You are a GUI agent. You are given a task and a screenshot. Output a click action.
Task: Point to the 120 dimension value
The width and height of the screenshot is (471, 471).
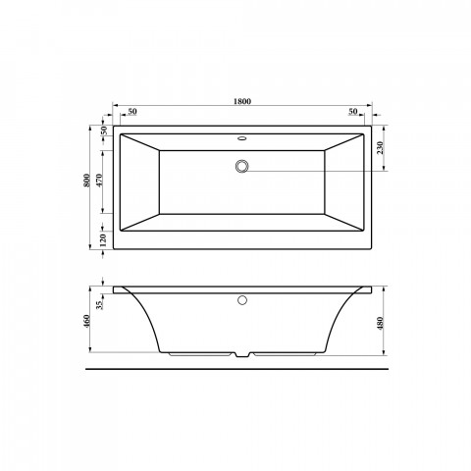[x=103, y=236]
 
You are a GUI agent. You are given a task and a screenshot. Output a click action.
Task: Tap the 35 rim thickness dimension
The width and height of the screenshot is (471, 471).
[x=103, y=302]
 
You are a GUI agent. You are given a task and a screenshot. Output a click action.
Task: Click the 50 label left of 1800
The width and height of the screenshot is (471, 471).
[x=131, y=111]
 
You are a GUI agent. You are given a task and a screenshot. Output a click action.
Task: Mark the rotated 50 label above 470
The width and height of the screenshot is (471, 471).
[x=103, y=130]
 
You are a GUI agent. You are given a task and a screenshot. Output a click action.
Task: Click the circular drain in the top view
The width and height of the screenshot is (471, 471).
[x=242, y=167]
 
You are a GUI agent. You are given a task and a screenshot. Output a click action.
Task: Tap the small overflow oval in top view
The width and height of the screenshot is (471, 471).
[x=242, y=138]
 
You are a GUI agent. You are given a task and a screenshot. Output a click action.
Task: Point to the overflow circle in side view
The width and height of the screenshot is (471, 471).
[x=242, y=298]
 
